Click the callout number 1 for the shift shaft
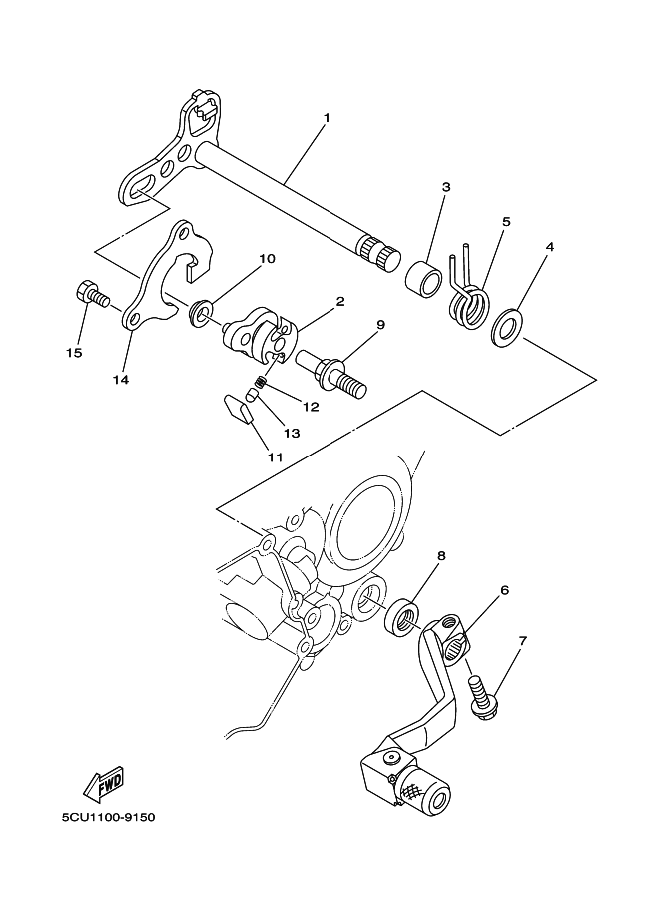326,117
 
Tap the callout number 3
418,186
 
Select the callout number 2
340,300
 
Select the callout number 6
504,590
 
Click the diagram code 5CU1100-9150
109,817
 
